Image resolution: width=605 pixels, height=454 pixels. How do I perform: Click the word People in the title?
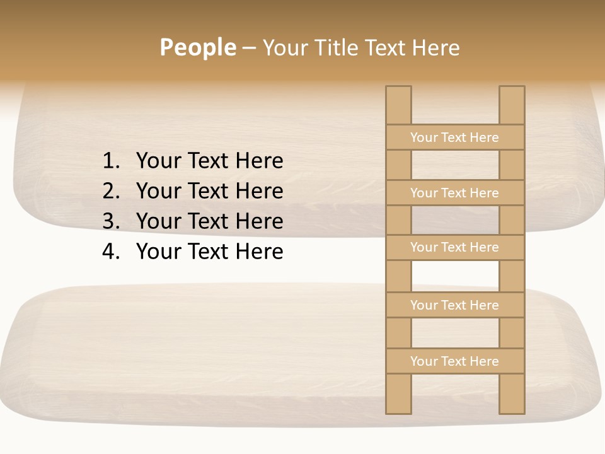coord(197,48)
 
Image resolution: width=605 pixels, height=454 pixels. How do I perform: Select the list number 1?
coord(110,161)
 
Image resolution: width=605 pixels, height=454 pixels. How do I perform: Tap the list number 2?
coord(110,191)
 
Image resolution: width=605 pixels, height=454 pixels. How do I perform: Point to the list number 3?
coord(110,221)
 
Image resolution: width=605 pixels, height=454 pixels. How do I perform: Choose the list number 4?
coord(110,252)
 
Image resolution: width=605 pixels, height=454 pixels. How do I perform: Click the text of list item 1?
coord(209,161)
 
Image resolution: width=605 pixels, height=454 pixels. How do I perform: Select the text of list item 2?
coord(209,191)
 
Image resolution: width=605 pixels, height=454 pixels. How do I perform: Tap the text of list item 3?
coord(209,221)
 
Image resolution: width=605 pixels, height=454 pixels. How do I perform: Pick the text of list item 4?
coord(209,252)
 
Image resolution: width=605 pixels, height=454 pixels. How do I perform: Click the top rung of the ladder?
coord(455,137)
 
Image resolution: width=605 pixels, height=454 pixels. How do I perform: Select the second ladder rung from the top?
coord(455,193)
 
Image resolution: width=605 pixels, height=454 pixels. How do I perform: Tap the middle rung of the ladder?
coord(455,248)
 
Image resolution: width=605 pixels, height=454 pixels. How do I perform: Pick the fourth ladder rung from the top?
coord(455,305)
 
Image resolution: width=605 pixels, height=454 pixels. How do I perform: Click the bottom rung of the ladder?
coord(455,361)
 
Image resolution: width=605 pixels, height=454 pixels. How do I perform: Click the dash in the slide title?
coord(249,49)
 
